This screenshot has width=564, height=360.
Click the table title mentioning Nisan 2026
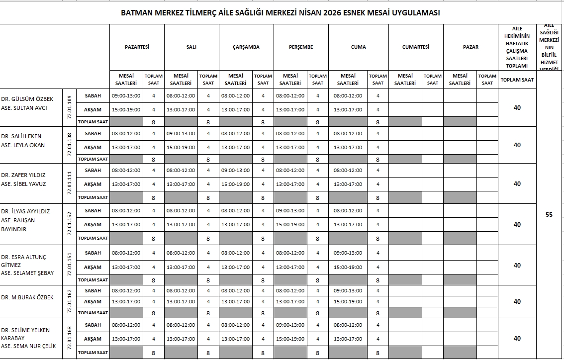pyautogui.click(x=281, y=13)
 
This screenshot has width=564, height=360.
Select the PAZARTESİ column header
pyautogui.click(x=137, y=47)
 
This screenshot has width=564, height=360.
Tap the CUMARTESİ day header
pyautogui.click(x=415, y=47)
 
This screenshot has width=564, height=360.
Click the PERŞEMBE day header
pyautogui.click(x=301, y=47)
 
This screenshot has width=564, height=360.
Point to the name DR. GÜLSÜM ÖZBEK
pyautogui.click(x=27, y=99)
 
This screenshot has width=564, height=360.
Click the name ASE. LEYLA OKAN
pyautogui.click(x=23, y=145)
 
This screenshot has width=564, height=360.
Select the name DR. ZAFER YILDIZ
pyautogui.click(x=23, y=175)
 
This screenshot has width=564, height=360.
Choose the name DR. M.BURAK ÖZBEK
pyautogui.click(x=27, y=297)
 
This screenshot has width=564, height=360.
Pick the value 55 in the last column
pyautogui.click(x=549, y=215)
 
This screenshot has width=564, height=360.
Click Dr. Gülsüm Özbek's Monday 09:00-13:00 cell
pyautogui.click(x=126, y=95)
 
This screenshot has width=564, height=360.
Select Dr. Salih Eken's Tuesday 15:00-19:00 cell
pyautogui.click(x=181, y=147)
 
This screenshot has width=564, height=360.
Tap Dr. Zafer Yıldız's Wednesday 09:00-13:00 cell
pyautogui.click(x=236, y=170)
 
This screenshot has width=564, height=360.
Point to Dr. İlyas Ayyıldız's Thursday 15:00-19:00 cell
pyautogui.click(x=290, y=224)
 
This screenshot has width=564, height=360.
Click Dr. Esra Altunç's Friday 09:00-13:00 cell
pyautogui.click(x=348, y=253)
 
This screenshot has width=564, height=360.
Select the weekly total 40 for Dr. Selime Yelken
pyautogui.click(x=517, y=338)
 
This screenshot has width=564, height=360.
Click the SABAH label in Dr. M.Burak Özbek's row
pyautogui.click(x=93, y=290)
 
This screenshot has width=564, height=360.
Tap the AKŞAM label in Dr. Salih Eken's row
pyautogui.click(x=93, y=147)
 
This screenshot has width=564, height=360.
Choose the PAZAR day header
pyautogui.click(x=470, y=47)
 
